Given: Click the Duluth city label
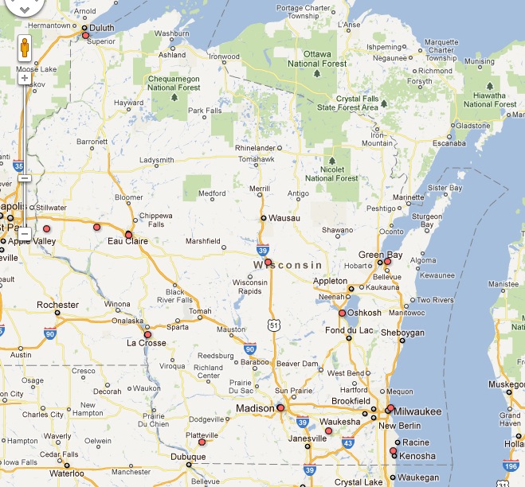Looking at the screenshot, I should tap(102, 28).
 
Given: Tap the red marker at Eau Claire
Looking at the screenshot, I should tap(129, 234).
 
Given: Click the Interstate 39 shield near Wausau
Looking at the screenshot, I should tap(262, 249).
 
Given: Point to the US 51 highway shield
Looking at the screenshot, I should tap(274, 325).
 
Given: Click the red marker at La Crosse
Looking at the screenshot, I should tap(147, 334).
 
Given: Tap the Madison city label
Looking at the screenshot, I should tap(255, 409).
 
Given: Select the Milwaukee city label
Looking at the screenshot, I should tap(419, 411).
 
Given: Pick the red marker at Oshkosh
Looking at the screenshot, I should tap(342, 313).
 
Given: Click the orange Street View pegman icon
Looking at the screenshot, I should tap(25, 49).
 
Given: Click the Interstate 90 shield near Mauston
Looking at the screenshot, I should tap(250, 349).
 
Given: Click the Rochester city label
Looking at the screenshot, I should tap(58, 305).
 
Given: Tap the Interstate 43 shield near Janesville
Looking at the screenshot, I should tap(347, 442).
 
